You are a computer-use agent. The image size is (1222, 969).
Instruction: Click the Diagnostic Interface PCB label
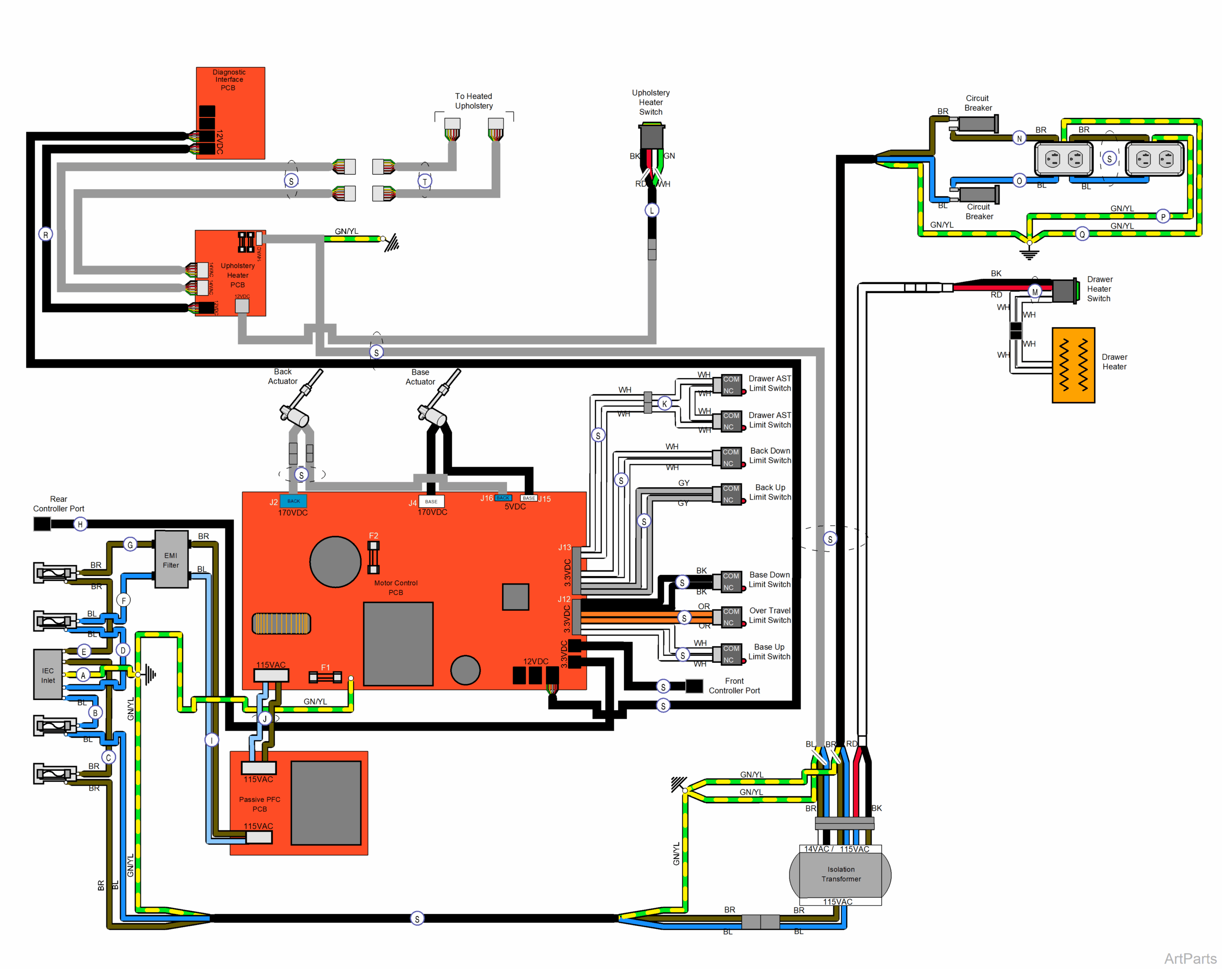click(229, 80)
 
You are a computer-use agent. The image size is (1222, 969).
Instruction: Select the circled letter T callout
click(424, 181)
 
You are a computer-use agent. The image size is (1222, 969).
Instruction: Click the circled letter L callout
click(652, 210)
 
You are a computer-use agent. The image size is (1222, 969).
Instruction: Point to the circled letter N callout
click(1019, 138)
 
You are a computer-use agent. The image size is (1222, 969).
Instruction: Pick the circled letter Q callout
click(1082, 234)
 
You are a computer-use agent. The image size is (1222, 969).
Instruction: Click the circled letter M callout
click(1035, 292)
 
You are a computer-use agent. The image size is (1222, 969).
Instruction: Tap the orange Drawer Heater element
click(1073, 365)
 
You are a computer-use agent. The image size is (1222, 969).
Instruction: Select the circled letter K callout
click(664, 404)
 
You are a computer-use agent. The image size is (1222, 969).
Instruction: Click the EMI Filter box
click(171, 560)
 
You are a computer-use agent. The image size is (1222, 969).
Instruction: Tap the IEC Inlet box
click(48, 675)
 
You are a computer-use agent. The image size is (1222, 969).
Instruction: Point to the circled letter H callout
click(80, 524)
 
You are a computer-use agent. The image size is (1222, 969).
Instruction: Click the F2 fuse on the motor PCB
click(373, 557)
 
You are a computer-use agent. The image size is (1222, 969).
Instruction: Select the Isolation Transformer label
click(841, 874)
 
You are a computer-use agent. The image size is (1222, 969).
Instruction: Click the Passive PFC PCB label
click(260, 804)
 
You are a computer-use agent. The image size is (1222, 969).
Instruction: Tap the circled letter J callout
click(265, 718)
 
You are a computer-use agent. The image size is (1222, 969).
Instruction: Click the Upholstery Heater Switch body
click(652, 137)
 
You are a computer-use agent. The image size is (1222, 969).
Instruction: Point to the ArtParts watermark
click(1190, 958)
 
